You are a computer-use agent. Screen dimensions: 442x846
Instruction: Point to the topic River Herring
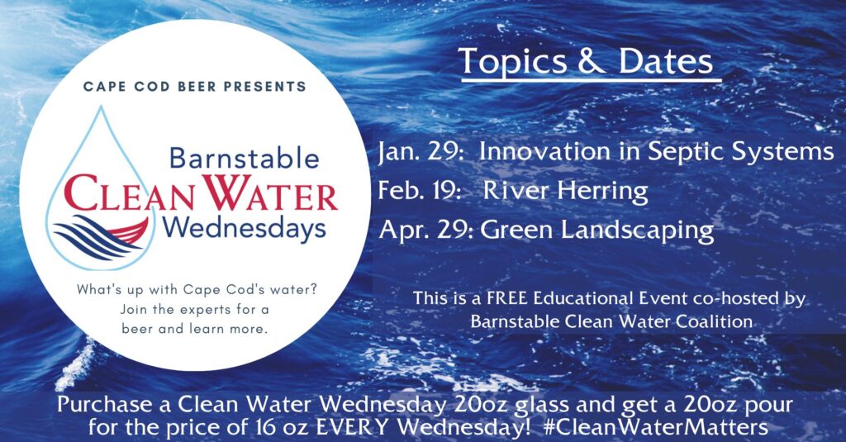(565, 192)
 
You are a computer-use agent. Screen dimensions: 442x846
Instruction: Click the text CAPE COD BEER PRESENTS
(195, 86)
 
